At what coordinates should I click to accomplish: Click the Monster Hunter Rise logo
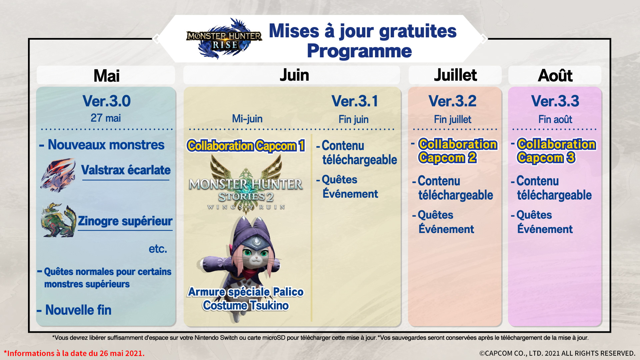pyautogui.click(x=224, y=39)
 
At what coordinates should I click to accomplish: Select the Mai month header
pyautogui.click(x=106, y=75)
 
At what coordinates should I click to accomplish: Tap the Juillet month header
pyautogui.click(x=455, y=75)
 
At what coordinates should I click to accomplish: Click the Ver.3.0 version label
pyautogui.click(x=107, y=101)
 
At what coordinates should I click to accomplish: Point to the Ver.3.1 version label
pyautogui.click(x=355, y=101)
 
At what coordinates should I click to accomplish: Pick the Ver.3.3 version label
pyautogui.click(x=555, y=101)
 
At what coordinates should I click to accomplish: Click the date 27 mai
pyautogui.click(x=106, y=118)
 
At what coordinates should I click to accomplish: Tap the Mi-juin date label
pyautogui.click(x=247, y=119)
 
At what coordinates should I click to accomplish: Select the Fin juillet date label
pyautogui.click(x=452, y=119)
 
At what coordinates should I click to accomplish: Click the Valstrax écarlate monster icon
pyautogui.click(x=58, y=175)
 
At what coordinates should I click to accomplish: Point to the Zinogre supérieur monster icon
pyautogui.click(x=58, y=220)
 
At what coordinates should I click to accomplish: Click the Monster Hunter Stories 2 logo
pyautogui.click(x=246, y=185)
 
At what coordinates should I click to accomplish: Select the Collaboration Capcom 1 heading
pyautogui.click(x=246, y=146)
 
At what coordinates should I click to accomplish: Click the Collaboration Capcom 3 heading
pyautogui.click(x=556, y=151)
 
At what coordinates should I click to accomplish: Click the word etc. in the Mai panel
pyautogui.click(x=158, y=249)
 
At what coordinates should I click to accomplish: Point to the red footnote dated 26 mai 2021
pyautogui.click(x=74, y=353)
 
